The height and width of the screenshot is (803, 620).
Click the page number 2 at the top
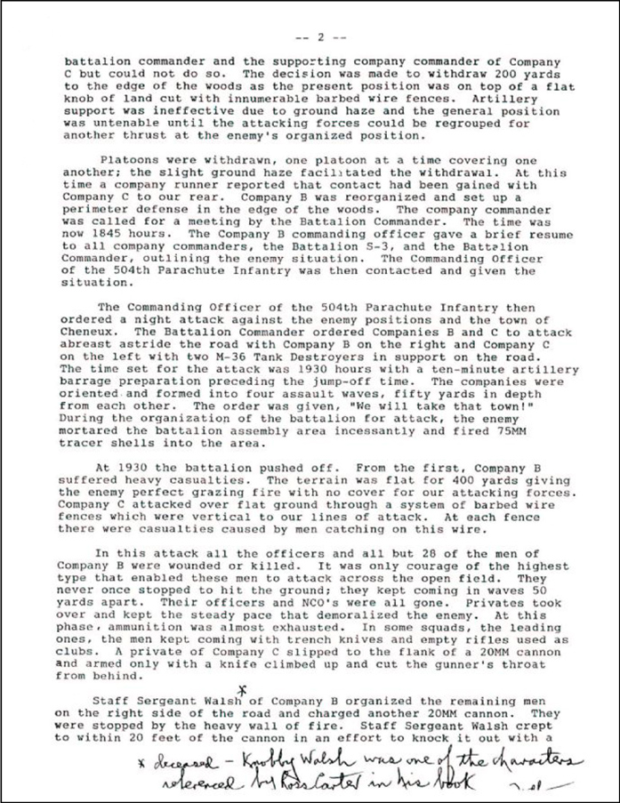(x=318, y=38)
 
